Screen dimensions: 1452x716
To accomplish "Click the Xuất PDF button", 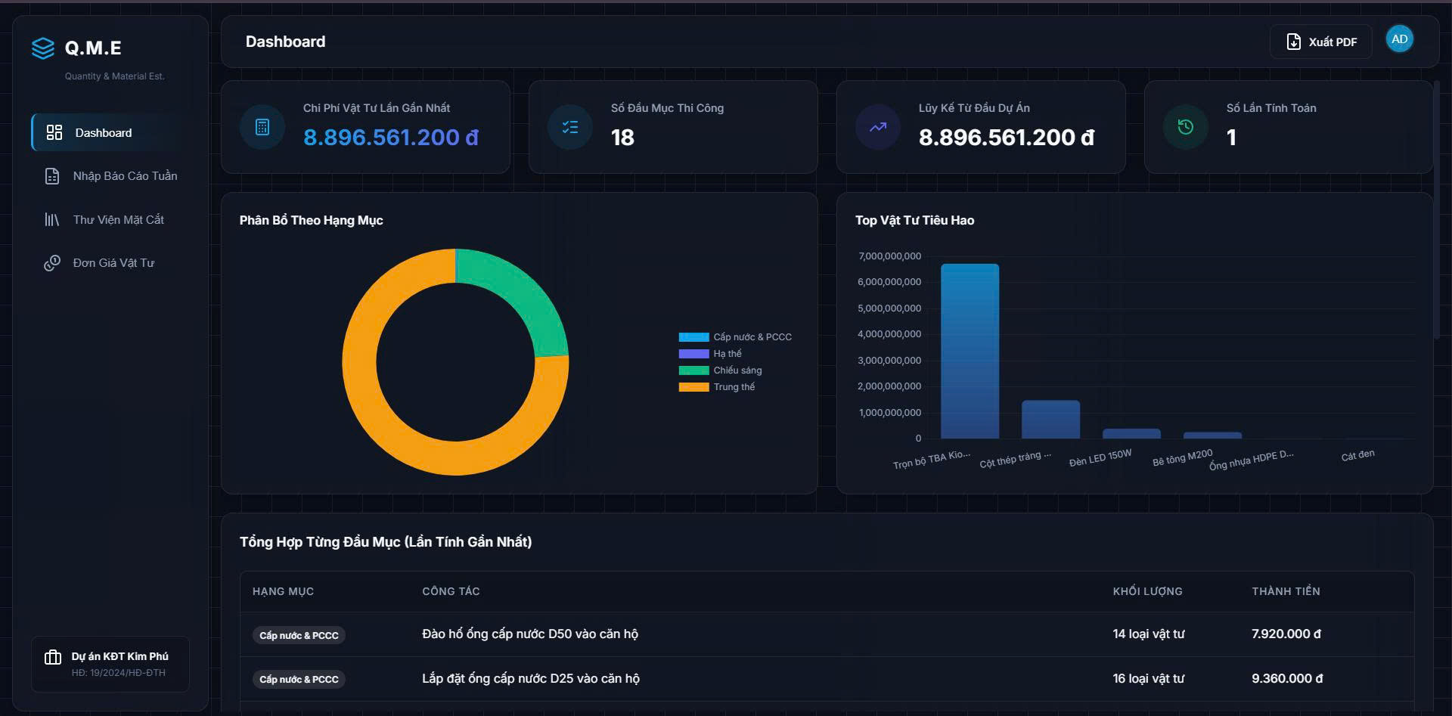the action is tap(1320, 42).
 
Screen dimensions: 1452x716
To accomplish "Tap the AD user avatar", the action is tap(1399, 39).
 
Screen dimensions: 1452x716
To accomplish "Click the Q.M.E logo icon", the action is tap(43, 48).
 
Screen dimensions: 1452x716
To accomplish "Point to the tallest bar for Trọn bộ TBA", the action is tap(970, 351).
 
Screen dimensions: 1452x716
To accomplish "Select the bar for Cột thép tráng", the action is tap(1050, 420).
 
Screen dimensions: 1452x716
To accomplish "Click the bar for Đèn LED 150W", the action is tap(1131, 434).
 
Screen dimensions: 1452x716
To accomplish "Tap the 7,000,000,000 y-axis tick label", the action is tap(889, 256).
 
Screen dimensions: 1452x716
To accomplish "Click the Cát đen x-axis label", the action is tap(1357, 455).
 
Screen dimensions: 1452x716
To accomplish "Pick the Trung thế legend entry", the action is tap(717, 387).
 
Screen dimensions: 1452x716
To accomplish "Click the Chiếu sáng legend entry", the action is tap(720, 370).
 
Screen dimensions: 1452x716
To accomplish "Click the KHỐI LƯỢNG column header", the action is tap(1147, 591).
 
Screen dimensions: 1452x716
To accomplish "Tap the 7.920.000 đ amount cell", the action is tap(1286, 634).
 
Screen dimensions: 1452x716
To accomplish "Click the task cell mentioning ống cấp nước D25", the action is tap(531, 679).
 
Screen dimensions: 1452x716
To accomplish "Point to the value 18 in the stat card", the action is tap(622, 138).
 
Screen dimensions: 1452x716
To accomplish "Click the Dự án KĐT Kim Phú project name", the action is tap(119, 656).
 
